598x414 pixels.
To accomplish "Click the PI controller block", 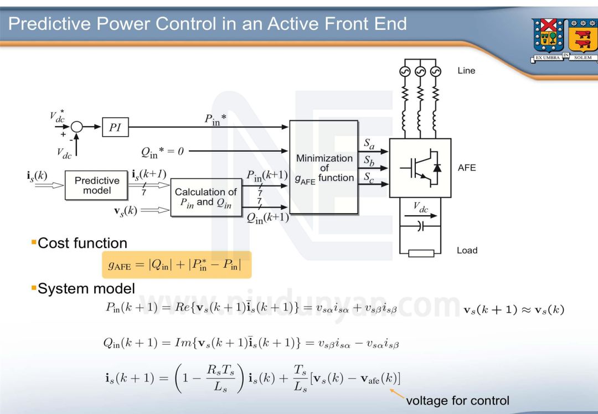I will click(115, 127).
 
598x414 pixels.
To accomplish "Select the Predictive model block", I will click(97, 185).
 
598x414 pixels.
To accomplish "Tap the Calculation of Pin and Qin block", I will click(206, 197).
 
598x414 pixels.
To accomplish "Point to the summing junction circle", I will click(77, 127).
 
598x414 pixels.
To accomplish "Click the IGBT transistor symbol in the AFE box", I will click(420, 168).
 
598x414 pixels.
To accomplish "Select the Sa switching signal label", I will click(369, 143).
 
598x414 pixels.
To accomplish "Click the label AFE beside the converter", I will click(466, 168).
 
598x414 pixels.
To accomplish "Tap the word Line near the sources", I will click(466, 71).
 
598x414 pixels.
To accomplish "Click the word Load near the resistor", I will click(467, 250).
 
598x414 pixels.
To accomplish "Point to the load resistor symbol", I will click(421, 253).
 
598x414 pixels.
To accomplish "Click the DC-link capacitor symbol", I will click(420, 226).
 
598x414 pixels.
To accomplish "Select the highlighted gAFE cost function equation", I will click(177, 265).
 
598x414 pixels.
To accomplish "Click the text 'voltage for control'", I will click(457, 400).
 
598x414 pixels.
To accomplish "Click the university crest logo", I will click(563, 39).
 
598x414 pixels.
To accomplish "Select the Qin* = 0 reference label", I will click(162, 151).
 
